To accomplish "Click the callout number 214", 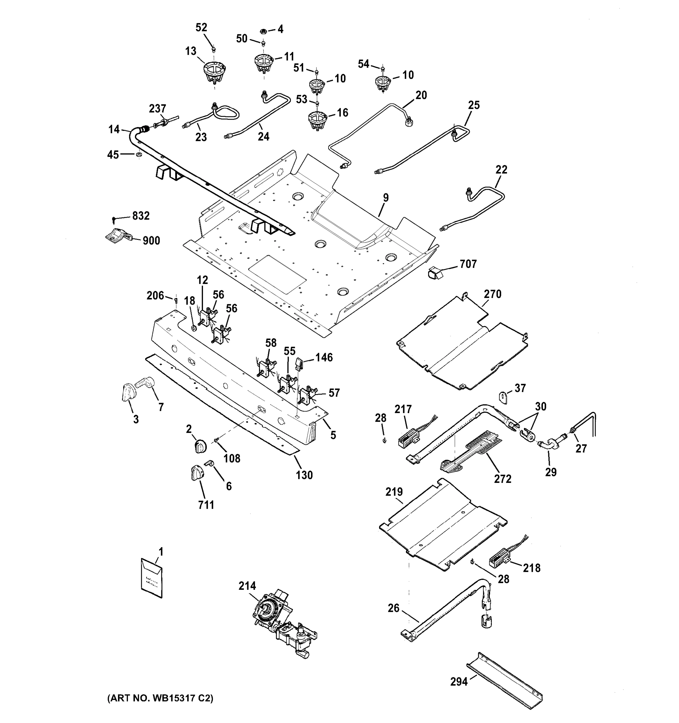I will tap(247, 586).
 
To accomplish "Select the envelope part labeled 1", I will tap(151, 579).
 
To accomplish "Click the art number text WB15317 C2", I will tap(160, 698).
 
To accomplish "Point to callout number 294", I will tap(459, 681).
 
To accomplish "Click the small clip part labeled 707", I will tap(435, 272).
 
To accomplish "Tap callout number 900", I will tap(151, 241).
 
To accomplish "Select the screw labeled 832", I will tap(114, 219).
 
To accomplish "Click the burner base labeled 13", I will tap(214, 72).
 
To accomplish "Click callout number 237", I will tap(157, 108).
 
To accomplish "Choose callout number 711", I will tap(206, 505).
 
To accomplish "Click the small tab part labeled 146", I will tap(299, 363).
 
